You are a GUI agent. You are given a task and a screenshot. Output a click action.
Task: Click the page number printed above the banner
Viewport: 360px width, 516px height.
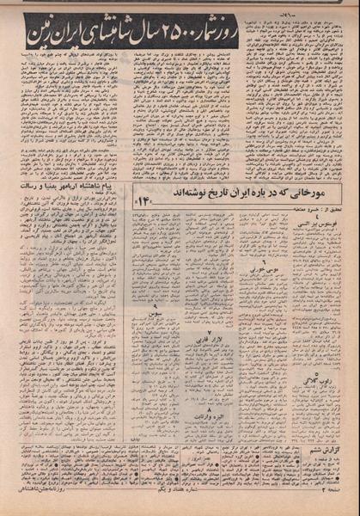(181, 6)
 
